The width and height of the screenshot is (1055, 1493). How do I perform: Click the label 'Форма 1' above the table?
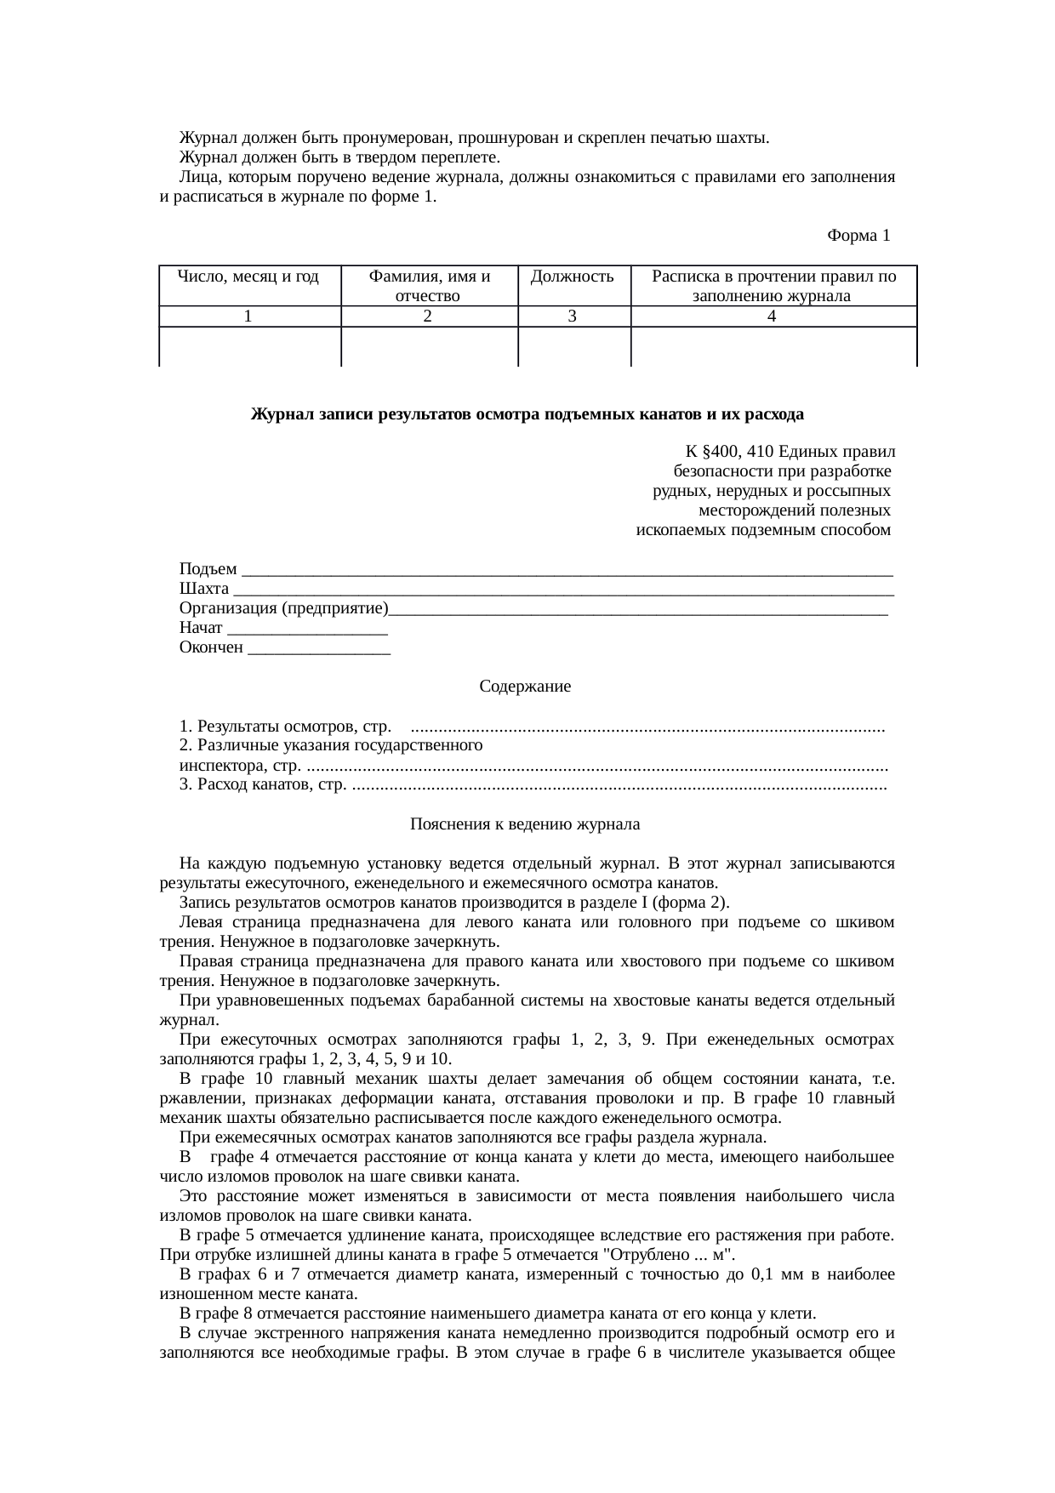[858, 236]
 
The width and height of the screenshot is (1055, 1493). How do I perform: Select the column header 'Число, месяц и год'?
[248, 276]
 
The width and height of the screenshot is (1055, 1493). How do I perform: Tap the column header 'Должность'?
[573, 276]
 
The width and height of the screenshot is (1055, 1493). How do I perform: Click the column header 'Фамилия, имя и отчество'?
[429, 286]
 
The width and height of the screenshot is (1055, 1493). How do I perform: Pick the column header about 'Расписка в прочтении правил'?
[773, 286]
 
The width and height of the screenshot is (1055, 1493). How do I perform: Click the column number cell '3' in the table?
[573, 316]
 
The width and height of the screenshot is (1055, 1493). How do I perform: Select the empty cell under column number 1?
[249, 347]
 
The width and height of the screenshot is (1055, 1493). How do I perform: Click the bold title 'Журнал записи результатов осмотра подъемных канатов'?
[527, 414]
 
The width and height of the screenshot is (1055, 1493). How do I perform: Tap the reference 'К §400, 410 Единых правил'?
[789, 451]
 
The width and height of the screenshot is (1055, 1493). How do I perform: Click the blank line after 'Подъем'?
[567, 570]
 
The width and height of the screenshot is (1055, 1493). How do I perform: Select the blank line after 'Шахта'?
[562, 590]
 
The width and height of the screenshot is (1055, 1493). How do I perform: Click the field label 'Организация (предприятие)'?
[283, 609]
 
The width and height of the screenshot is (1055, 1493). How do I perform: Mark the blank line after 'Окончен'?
[318, 648]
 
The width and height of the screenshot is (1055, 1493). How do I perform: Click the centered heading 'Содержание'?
[525, 687]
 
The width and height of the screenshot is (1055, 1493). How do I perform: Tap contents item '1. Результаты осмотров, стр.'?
[284, 727]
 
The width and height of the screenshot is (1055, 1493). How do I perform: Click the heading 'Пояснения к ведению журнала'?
[525, 824]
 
